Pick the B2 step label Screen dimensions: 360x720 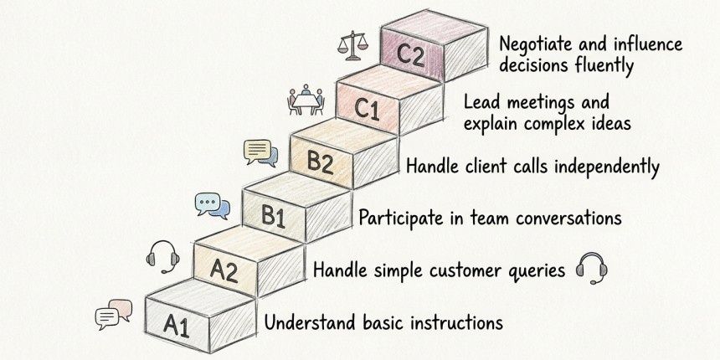tap(320, 161)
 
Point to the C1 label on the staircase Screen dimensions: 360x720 tap(365, 109)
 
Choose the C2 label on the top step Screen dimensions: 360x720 tap(412, 55)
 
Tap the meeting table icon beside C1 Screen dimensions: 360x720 tap(306, 100)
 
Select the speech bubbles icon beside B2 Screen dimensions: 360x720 tap(260, 152)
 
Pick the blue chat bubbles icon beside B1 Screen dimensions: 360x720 tap(213, 205)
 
